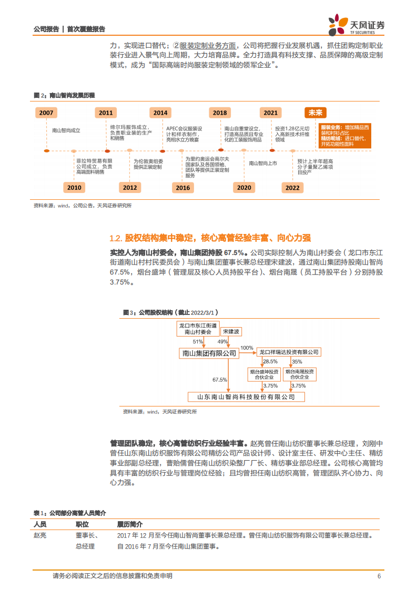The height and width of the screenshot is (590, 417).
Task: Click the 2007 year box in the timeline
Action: pos(46,113)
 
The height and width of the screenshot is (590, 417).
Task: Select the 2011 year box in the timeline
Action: pos(106,113)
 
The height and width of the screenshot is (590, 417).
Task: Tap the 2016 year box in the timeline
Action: pos(183,188)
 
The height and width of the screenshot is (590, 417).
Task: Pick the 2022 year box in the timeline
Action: pos(292,188)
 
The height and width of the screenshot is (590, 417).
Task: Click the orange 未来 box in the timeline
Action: pos(316,113)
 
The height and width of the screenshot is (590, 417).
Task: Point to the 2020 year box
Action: pos(244,188)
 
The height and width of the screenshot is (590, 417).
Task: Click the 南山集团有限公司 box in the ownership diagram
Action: pos(209,353)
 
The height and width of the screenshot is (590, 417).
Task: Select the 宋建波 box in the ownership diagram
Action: pos(231,332)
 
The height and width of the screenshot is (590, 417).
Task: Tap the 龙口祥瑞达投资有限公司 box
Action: pos(289,351)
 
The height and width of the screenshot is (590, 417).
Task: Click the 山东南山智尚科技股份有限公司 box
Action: pos(246,397)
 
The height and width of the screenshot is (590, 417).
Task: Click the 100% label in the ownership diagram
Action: pos(247,348)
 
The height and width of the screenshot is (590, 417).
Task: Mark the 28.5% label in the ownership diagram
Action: pos(270,362)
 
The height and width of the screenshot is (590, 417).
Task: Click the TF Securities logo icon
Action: pos(337,25)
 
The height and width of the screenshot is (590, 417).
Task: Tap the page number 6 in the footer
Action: pos(379,576)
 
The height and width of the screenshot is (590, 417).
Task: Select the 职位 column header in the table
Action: pos(82,524)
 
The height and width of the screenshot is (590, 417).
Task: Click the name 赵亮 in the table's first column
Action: pos(40,536)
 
